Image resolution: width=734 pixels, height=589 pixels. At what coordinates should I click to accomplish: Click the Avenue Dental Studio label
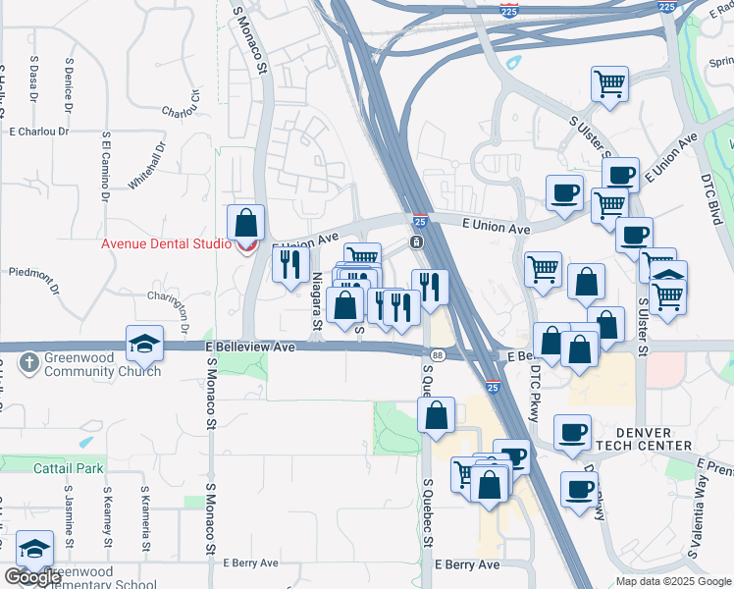point(165,244)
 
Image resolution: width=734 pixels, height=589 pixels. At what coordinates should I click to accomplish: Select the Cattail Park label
point(66,468)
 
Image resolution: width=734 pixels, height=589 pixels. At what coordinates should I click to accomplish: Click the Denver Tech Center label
point(643,439)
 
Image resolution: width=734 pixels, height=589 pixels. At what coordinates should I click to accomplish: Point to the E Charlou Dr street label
point(39,131)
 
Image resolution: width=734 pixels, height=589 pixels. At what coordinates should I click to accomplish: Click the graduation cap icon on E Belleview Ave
point(144,343)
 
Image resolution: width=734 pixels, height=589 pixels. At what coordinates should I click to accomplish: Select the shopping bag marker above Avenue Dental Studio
point(245,223)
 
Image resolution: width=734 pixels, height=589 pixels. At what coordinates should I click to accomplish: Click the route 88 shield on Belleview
point(437,355)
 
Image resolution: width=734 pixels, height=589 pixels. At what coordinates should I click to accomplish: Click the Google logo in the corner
point(32,577)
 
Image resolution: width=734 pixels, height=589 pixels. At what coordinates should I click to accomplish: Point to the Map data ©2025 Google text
point(672,581)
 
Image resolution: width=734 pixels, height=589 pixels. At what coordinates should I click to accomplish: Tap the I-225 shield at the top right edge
point(666,6)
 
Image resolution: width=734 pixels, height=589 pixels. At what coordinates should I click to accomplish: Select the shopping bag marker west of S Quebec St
point(436,415)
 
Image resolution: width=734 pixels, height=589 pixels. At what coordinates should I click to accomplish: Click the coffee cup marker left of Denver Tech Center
point(572,432)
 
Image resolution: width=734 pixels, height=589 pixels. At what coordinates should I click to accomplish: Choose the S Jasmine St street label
point(70,515)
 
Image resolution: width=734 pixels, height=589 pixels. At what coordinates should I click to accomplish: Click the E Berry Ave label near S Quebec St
point(468,565)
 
